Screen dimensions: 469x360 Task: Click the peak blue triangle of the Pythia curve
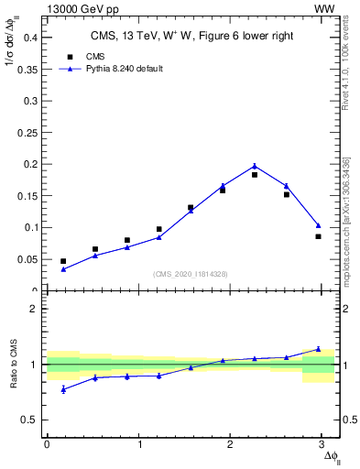[x=255, y=166]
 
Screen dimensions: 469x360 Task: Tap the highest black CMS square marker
[x=255, y=174]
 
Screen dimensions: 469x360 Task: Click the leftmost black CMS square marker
[x=63, y=261]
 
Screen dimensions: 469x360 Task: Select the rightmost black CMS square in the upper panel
[x=318, y=236]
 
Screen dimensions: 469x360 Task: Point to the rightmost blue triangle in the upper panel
[x=318, y=224]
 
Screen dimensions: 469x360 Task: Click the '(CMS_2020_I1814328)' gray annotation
[x=191, y=274]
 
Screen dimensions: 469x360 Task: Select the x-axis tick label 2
[x=234, y=444]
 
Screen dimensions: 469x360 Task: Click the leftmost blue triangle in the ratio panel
[x=63, y=389]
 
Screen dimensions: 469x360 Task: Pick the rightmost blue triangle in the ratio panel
[x=318, y=349]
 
